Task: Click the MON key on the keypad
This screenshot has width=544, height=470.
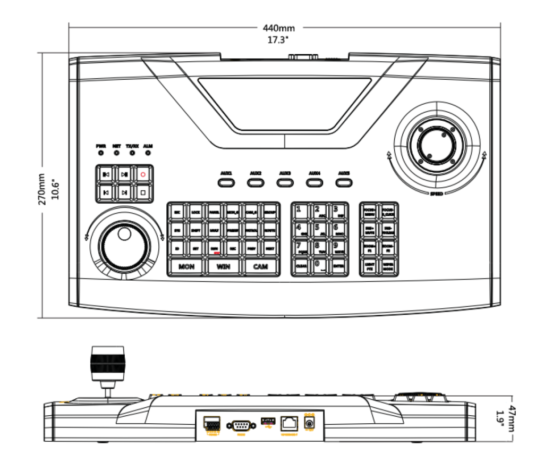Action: point(186,266)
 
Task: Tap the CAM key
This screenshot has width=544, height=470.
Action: point(260,266)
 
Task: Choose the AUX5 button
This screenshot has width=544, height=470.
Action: point(344,182)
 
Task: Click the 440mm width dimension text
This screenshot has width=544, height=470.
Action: point(279,28)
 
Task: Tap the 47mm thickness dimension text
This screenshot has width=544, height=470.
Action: point(511,415)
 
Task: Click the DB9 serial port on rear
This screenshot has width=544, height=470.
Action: point(241,425)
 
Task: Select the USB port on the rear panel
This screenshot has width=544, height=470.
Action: point(267,422)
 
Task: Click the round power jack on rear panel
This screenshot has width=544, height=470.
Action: point(310,424)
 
